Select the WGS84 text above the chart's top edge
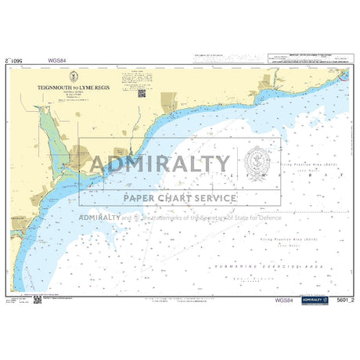pyautogui.click(x=56, y=59)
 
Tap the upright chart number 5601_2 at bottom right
pyautogui.click(x=340, y=300)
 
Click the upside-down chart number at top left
pyautogui.click(x=18, y=59)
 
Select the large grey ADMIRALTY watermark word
pyautogui.click(x=160, y=164)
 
